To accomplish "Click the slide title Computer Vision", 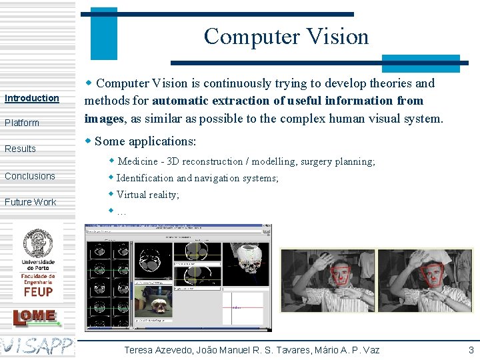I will click(286, 37).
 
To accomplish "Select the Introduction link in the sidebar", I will click(32, 98).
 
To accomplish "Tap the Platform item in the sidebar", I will click(22, 123).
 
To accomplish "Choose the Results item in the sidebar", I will click(20, 149).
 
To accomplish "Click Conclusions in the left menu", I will click(30, 176).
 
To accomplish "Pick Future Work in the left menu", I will click(31, 202).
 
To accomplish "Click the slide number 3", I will click(471, 350).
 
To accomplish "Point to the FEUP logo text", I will click(38, 291).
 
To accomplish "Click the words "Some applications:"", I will click(145, 141).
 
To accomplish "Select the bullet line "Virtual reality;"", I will click(147, 195).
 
